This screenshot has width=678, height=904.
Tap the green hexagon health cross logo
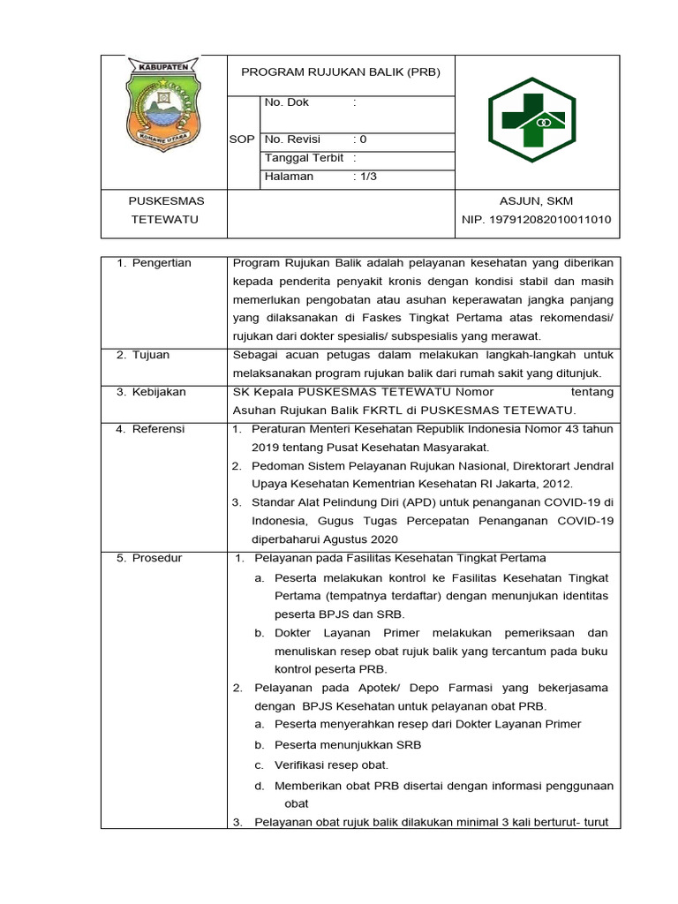531,122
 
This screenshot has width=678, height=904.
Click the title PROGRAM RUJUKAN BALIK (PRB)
341,72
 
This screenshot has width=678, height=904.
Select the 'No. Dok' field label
287,103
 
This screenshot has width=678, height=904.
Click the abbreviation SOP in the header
242,140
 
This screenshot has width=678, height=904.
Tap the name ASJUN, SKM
536,202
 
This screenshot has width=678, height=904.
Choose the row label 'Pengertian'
162,263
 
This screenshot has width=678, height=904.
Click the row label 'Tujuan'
152,355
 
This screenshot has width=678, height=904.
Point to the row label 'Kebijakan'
159,392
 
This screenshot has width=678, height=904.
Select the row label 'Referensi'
158,429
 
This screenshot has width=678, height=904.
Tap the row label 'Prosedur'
157,558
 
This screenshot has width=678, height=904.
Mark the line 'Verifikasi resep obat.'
331,765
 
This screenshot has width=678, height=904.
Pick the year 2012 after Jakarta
556,484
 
